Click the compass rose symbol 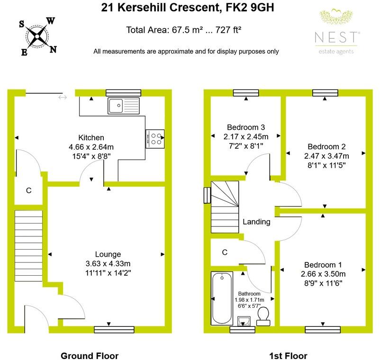[37, 36]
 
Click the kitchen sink [123, 106]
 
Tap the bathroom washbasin [245, 321]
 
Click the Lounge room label [108, 254]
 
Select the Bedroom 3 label [245, 127]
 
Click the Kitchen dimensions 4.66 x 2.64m [91, 147]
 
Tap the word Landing [256, 222]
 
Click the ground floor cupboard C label [29, 190]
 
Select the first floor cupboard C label [225, 252]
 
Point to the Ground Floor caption [90, 356]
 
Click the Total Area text [184, 30]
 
